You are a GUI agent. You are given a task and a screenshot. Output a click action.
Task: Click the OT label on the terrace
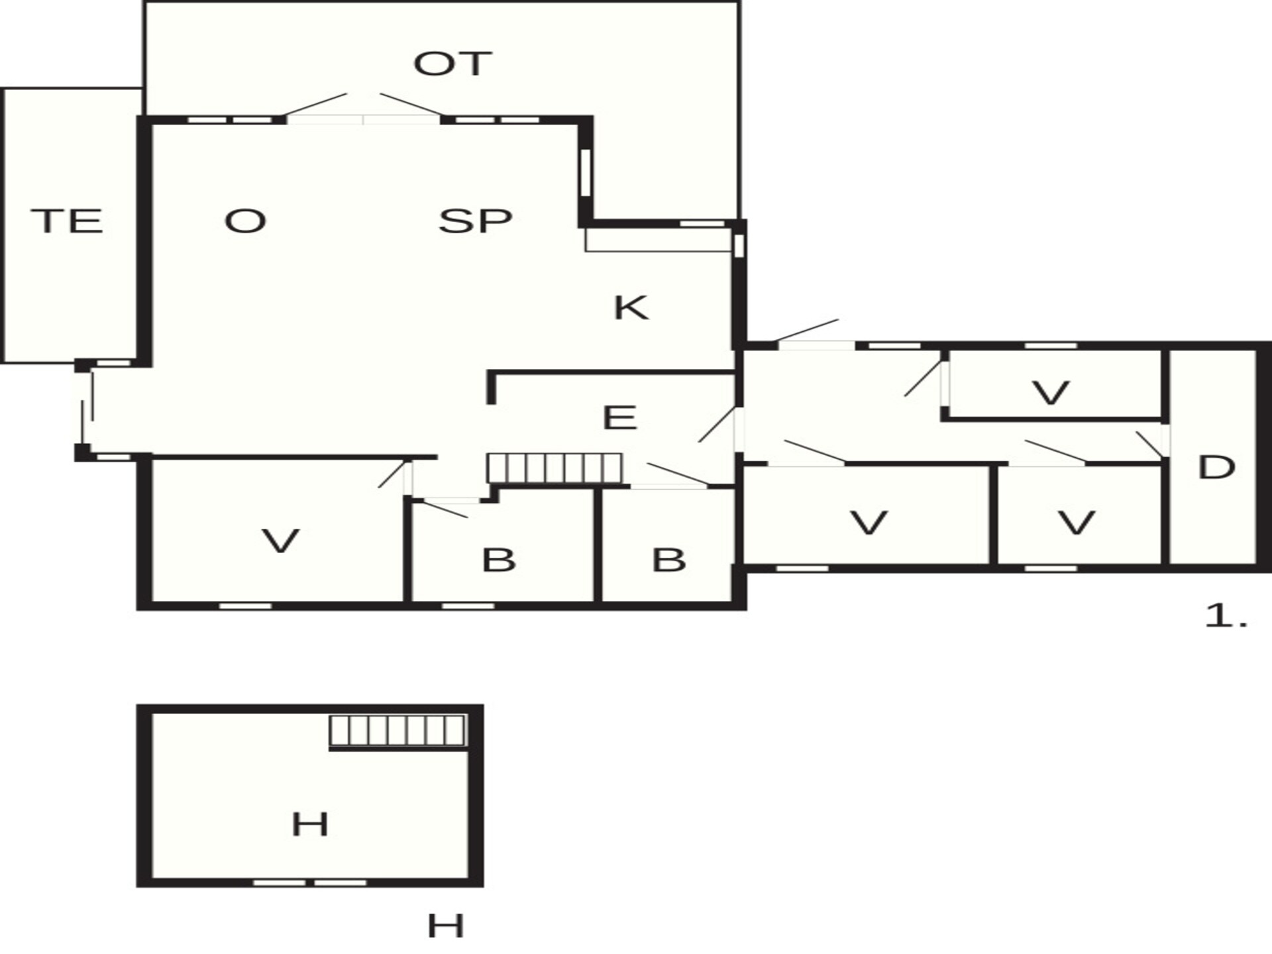click(x=452, y=64)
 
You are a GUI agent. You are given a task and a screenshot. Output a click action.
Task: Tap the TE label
click(x=67, y=221)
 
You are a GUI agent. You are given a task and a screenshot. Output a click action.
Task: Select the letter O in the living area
click(x=245, y=221)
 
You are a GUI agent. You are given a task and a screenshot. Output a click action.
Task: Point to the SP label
click(x=475, y=221)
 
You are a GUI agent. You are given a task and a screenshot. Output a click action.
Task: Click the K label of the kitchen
click(x=631, y=307)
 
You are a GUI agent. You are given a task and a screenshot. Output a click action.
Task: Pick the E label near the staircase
click(x=619, y=417)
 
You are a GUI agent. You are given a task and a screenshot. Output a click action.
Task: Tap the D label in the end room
click(x=1216, y=468)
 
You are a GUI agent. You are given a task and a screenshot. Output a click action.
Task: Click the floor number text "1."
click(x=1226, y=617)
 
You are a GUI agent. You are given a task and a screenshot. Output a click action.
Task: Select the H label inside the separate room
click(x=310, y=825)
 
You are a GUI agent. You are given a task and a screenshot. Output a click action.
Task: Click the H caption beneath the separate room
click(x=445, y=926)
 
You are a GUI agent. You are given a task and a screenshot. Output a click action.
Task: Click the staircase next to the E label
click(x=555, y=468)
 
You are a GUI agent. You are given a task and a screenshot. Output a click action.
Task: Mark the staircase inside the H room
click(x=398, y=730)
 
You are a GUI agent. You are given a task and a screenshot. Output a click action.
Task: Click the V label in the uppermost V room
click(x=1051, y=393)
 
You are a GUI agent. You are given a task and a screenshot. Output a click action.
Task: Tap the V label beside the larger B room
click(x=281, y=541)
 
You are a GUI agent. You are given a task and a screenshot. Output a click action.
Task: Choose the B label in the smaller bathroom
click(x=668, y=560)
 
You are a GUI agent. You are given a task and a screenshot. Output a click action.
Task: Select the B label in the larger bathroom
click(x=498, y=560)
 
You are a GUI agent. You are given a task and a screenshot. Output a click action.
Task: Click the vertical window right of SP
click(x=586, y=173)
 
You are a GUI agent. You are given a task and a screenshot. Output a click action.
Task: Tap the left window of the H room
click(x=280, y=882)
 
